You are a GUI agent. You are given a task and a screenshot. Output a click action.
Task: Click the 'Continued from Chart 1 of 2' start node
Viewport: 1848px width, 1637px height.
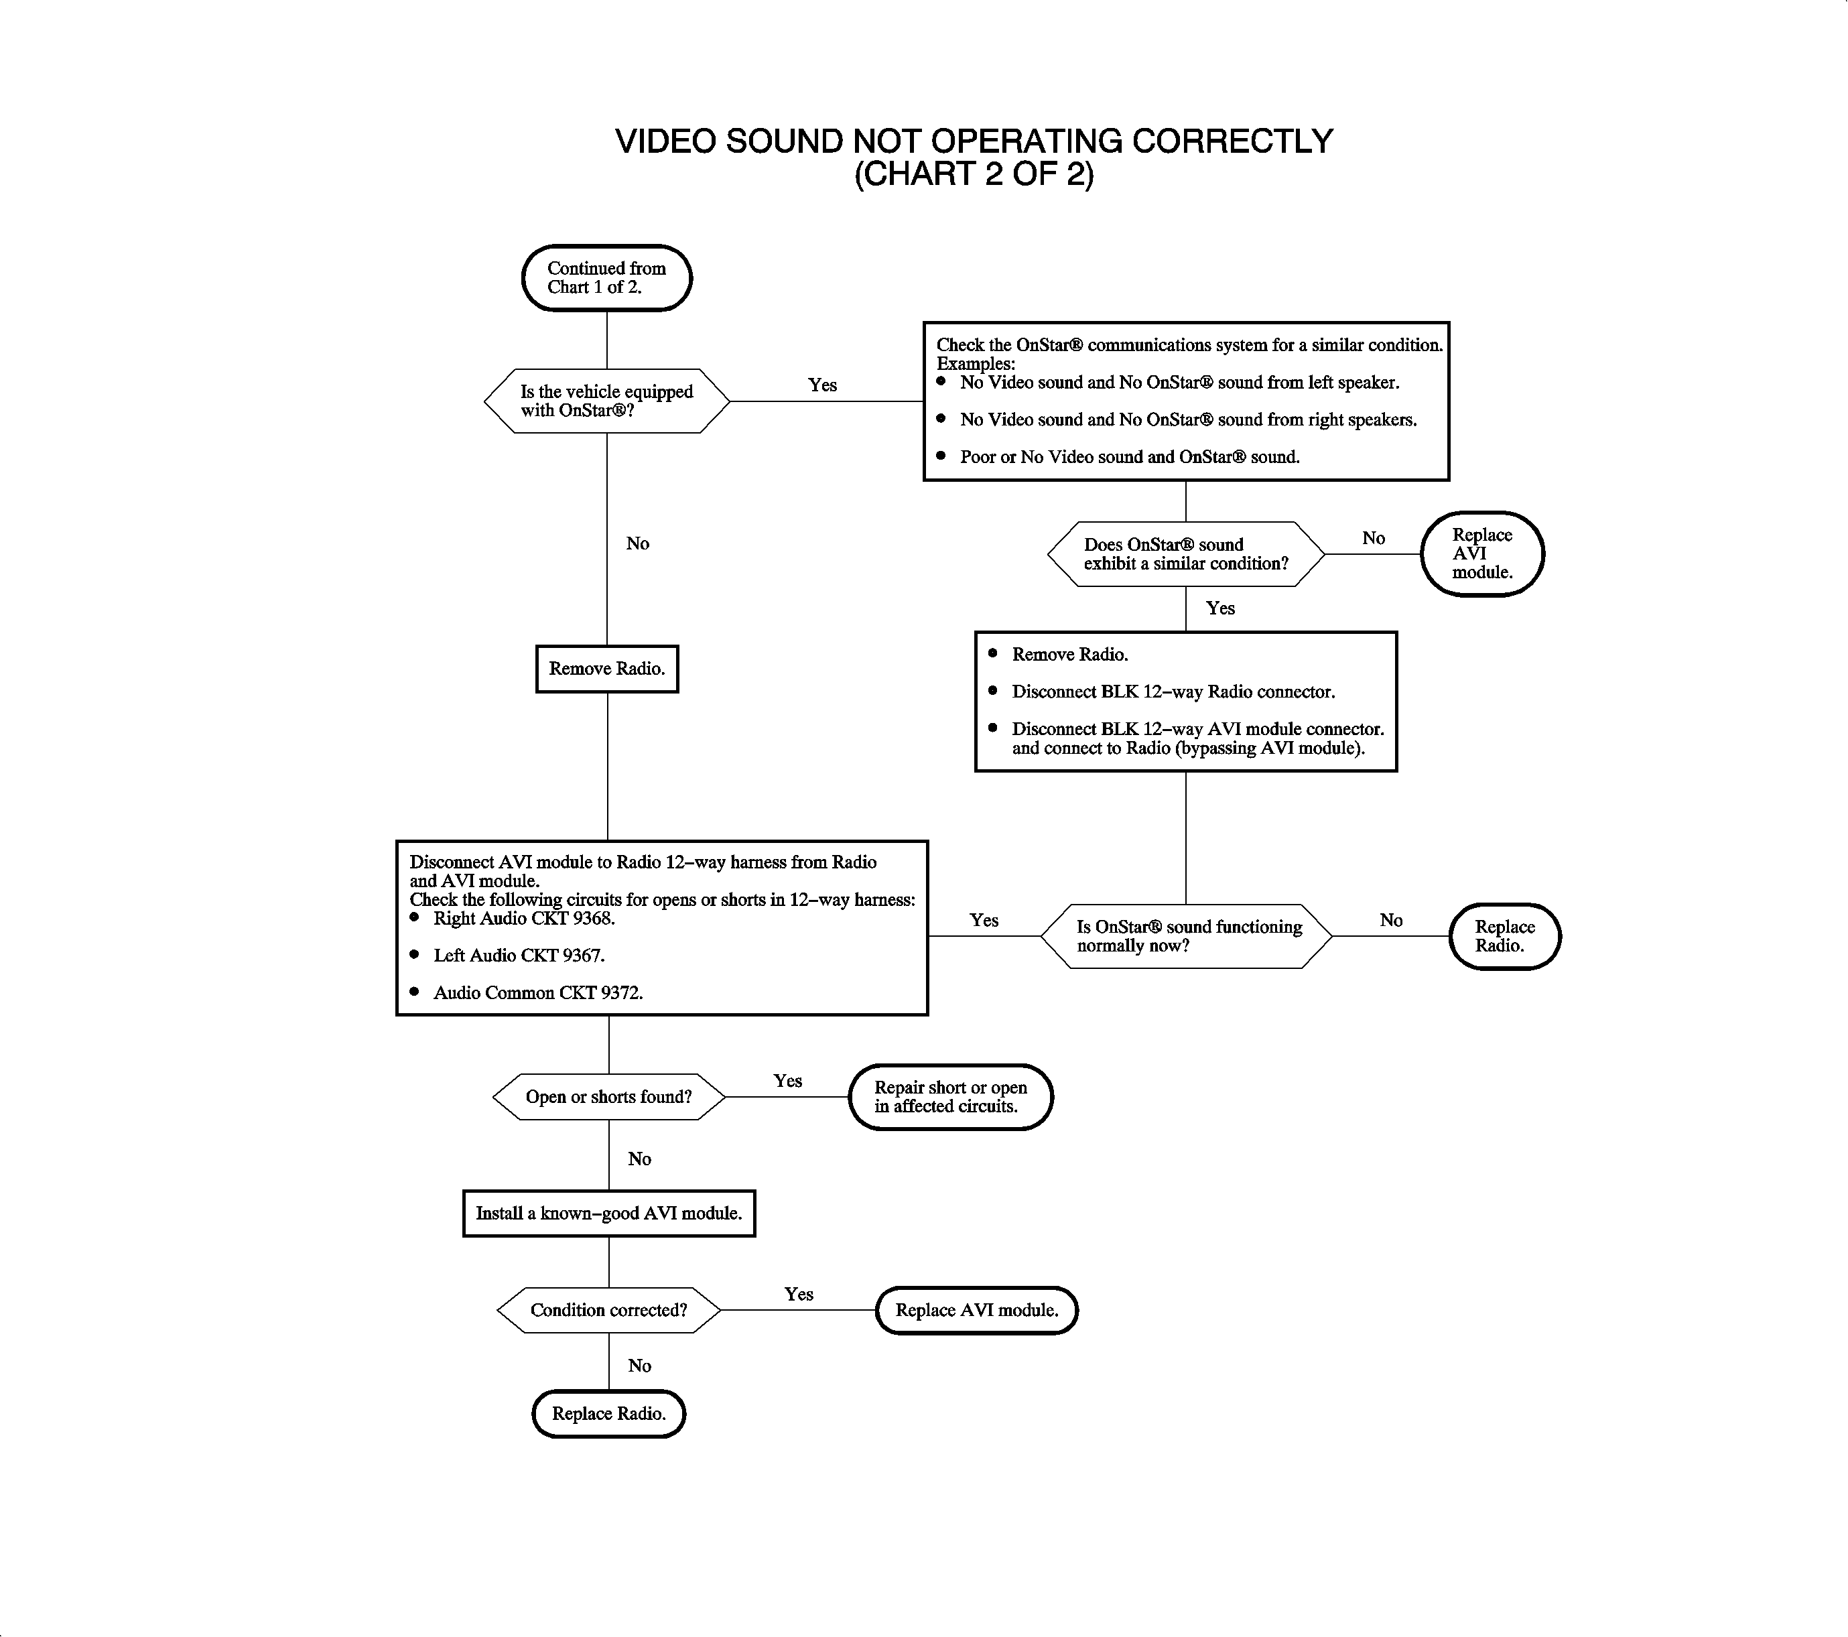coord(606,277)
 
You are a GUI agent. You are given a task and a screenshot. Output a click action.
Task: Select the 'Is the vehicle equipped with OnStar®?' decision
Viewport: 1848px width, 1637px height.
coord(606,401)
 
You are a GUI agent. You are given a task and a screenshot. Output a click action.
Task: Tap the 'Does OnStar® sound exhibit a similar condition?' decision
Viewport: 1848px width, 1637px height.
coord(1185,554)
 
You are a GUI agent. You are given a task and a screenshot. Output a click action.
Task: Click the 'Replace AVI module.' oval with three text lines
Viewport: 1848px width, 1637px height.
coord(1482,553)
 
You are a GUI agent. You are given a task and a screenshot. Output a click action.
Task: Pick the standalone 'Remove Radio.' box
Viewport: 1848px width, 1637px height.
coord(606,669)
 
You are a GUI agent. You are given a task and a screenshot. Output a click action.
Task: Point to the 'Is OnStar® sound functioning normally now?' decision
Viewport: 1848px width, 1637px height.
coord(1186,937)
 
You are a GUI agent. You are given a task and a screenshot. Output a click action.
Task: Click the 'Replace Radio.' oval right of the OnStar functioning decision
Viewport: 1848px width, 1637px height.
coord(1504,937)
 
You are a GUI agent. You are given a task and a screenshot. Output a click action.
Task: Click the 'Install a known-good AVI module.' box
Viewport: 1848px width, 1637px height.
coord(608,1213)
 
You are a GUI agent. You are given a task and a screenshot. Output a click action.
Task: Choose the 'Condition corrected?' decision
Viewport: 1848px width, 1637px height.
coord(608,1310)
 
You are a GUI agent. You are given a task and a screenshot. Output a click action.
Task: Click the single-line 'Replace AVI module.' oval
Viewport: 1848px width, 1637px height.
coord(976,1310)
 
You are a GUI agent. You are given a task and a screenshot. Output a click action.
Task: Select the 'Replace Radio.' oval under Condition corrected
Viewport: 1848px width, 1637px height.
coord(608,1414)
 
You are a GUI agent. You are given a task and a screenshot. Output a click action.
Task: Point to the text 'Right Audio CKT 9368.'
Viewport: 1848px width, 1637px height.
coord(525,919)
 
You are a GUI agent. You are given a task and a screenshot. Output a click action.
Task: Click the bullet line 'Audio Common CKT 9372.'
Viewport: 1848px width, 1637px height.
coord(538,992)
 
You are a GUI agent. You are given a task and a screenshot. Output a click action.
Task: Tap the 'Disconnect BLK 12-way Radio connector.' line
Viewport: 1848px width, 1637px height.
coord(1173,692)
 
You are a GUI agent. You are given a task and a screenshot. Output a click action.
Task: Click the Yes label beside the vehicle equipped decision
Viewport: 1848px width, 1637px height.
coord(822,385)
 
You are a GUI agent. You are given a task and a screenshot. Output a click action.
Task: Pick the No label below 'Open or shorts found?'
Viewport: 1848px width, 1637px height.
coord(639,1159)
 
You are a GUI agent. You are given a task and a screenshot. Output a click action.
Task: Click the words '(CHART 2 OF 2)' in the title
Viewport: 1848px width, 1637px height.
coord(974,174)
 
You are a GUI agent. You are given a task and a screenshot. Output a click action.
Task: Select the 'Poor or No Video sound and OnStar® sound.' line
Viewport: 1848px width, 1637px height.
coord(1129,456)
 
